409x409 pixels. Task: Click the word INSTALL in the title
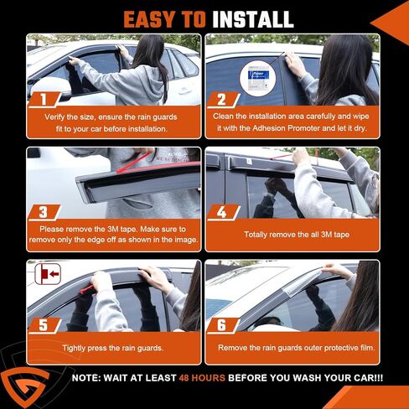click(251, 18)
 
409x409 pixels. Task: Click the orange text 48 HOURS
click(202, 379)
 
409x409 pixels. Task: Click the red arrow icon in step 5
click(46, 274)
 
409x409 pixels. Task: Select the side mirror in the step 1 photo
click(44, 84)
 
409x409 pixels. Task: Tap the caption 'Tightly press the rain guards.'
click(113, 346)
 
